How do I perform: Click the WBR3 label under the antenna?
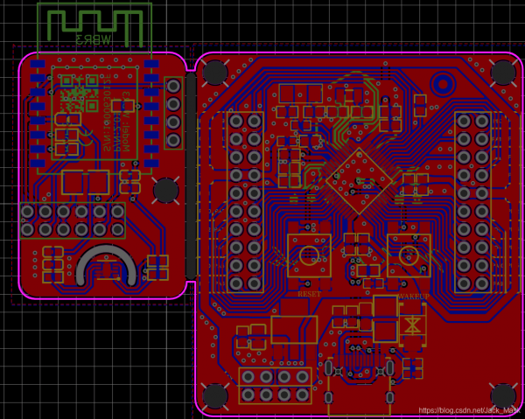pos(93,39)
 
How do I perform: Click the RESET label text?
pos(309,295)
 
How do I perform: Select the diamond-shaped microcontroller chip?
pos(358,181)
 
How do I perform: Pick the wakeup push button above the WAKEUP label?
pos(409,254)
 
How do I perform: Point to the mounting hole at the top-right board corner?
pos(501,72)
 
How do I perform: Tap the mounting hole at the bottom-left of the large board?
pos(215,397)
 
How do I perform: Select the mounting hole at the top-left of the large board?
pos(215,73)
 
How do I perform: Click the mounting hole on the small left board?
pos(165,189)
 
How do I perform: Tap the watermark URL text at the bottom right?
pos(468,410)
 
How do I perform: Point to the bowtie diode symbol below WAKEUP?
pos(412,325)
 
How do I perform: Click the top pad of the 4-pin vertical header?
pos(174,86)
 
